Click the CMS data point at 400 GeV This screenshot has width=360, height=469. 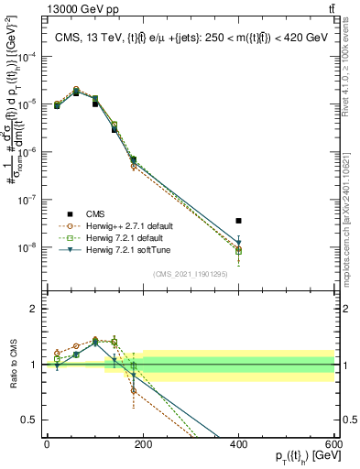pyautogui.click(x=238, y=221)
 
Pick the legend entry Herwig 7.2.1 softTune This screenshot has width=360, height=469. pyautogui.click(x=123, y=250)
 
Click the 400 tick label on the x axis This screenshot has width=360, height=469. pyautogui.click(x=239, y=444)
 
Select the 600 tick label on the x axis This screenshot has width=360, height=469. pyautogui.click(x=334, y=444)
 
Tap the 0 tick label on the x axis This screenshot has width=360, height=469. pyautogui.click(x=47, y=444)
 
